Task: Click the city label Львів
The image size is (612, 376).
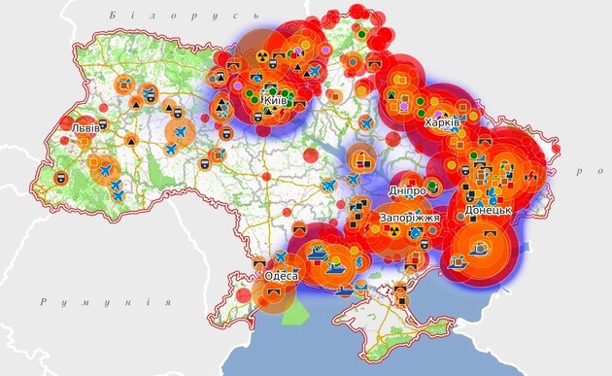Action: coord(87,127)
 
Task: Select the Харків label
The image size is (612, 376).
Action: coord(443,123)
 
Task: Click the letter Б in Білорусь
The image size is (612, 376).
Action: coord(114,17)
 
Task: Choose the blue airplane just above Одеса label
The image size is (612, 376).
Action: coord(281,257)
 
